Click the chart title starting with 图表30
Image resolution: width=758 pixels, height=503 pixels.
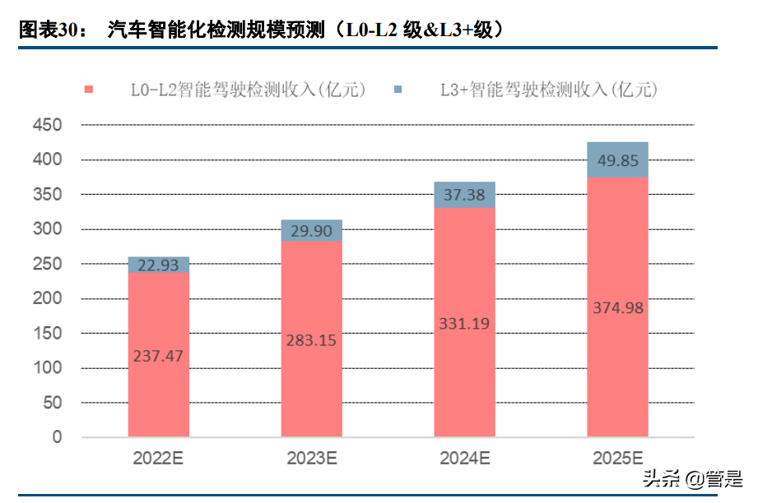coord(262,30)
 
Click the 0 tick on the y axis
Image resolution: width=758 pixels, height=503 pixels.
coord(58,437)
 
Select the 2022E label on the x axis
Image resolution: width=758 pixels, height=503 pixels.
coord(159,459)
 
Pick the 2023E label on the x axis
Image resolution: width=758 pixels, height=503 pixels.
coord(312,459)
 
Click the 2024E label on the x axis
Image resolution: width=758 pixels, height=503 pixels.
coord(464,459)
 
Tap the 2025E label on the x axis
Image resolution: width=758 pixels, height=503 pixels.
coord(617,459)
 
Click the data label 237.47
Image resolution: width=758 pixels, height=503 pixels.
coord(159,356)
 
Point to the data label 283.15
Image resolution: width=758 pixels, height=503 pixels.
coord(312,339)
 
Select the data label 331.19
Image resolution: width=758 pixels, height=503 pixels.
coord(464,323)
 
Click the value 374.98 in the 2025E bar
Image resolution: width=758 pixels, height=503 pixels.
coord(617,308)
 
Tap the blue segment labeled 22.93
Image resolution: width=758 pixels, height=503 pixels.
coord(159,265)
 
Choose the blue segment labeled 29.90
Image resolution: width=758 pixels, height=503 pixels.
coord(312,231)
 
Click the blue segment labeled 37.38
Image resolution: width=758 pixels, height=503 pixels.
coord(464,195)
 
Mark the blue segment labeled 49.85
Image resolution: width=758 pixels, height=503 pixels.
coord(617,160)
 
